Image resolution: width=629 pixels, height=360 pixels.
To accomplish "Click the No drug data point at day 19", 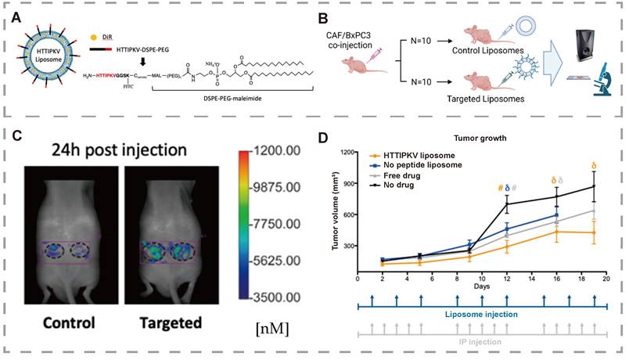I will [x=594, y=186].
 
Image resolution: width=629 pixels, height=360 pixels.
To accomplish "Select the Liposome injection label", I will [x=481, y=314].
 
